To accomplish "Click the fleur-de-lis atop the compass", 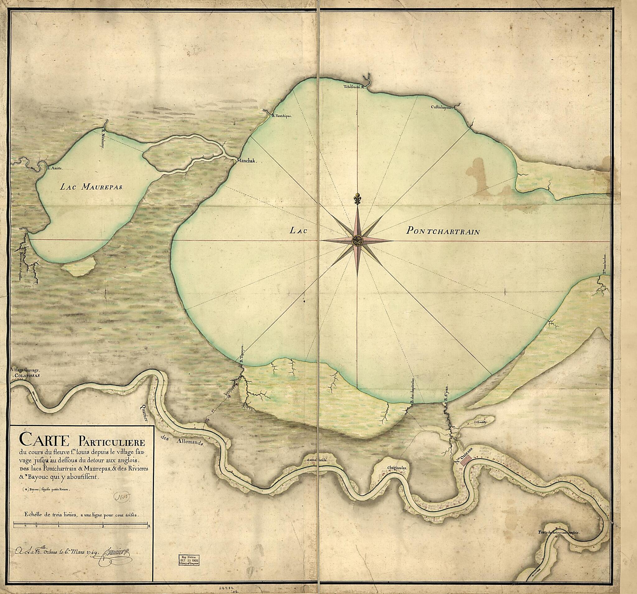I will point(357,199).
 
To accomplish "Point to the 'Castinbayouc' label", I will point(441,108).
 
